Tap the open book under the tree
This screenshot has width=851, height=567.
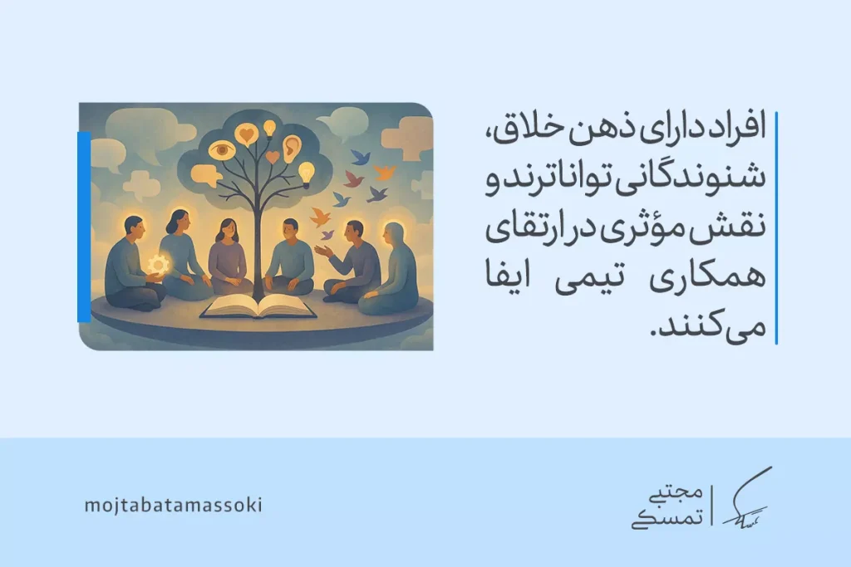[x=258, y=309]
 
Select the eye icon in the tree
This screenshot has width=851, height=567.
[x=221, y=150]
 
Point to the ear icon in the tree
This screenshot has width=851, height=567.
[x=292, y=148]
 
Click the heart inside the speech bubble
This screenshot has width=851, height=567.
[x=246, y=133]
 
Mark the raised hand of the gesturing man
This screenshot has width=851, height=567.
[x=320, y=250]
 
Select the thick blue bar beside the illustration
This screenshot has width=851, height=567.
[x=83, y=227]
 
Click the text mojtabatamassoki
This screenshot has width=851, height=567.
[x=173, y=506]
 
